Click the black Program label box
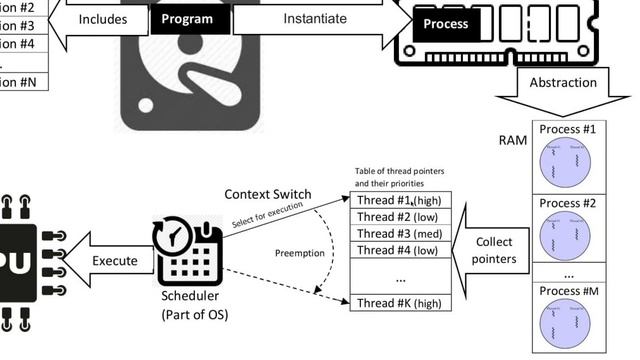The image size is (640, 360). [x=186, y=18]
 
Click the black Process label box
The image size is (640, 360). [x=446, y=23]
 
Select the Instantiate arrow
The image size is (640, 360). [x=315, y=18]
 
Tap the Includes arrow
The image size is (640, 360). [x=101, y=18]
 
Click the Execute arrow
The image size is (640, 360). [x=109, y=261]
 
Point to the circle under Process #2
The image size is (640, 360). [x=567, y=237]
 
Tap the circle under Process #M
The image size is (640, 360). [x=567, y=327]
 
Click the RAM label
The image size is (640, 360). [x=513, y=140]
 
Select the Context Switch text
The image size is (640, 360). [x=267, y=194]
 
